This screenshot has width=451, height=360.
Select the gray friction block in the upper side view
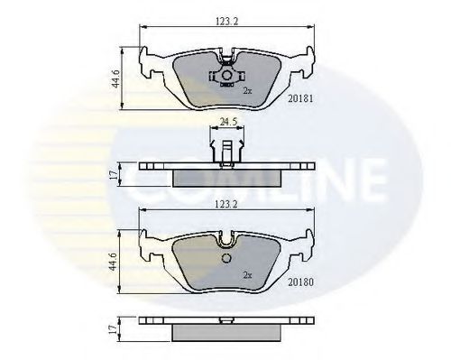point(225,176)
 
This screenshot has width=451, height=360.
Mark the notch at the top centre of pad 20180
point(225,239)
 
